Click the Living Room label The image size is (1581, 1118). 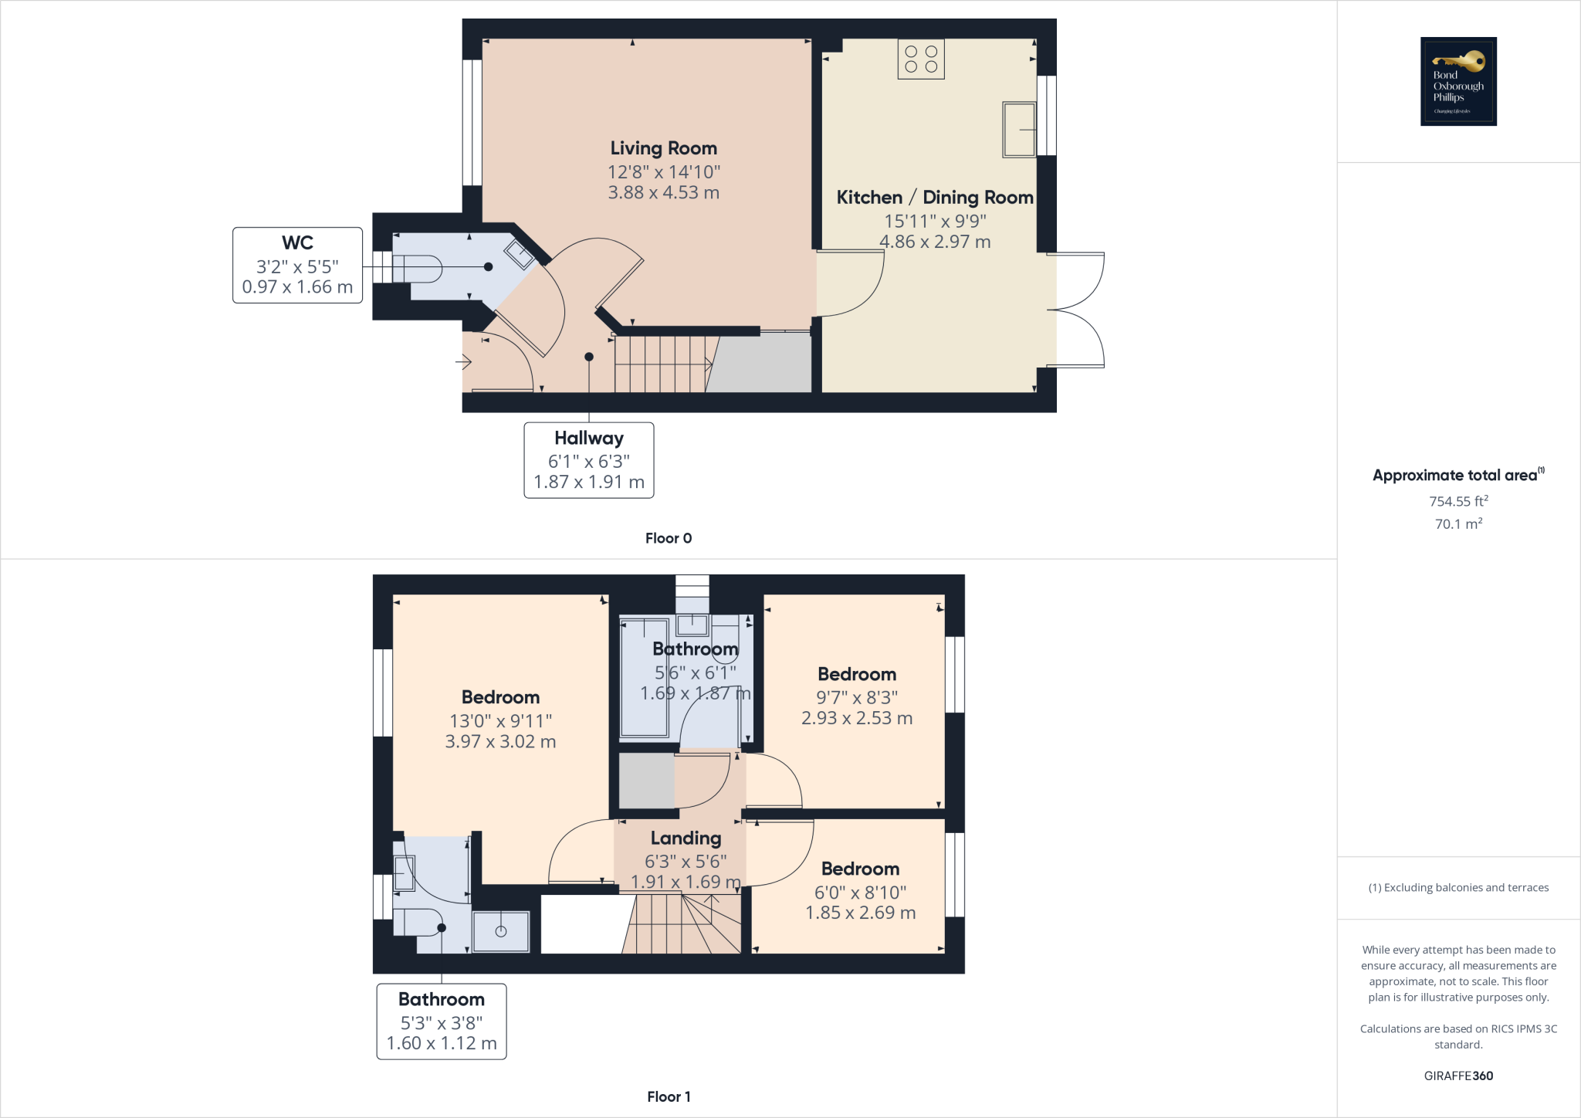point(663,148)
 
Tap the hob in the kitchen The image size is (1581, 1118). point(921,59)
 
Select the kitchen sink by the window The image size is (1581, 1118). point(1018,129)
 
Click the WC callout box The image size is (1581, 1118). point(297,265)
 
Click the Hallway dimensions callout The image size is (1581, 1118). point(588,460)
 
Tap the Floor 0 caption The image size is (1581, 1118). point(668,538)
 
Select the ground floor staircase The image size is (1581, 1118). point(662,364)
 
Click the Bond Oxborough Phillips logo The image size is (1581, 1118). point(1457,81)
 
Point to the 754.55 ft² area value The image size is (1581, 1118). point(1457,501)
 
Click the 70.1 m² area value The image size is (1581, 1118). point(1457,523)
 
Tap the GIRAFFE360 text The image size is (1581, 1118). point(1457,1076)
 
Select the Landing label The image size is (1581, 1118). point(686,838)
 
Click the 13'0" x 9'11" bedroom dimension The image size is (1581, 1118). point(500,720)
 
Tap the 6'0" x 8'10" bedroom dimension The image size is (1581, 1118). point(860,893)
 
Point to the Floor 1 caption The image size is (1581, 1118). point(669,1096)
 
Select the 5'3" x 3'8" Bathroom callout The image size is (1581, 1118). point(441,1021)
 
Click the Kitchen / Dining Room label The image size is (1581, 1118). point(934,198)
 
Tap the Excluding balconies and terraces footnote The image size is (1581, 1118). point(1457,888)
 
